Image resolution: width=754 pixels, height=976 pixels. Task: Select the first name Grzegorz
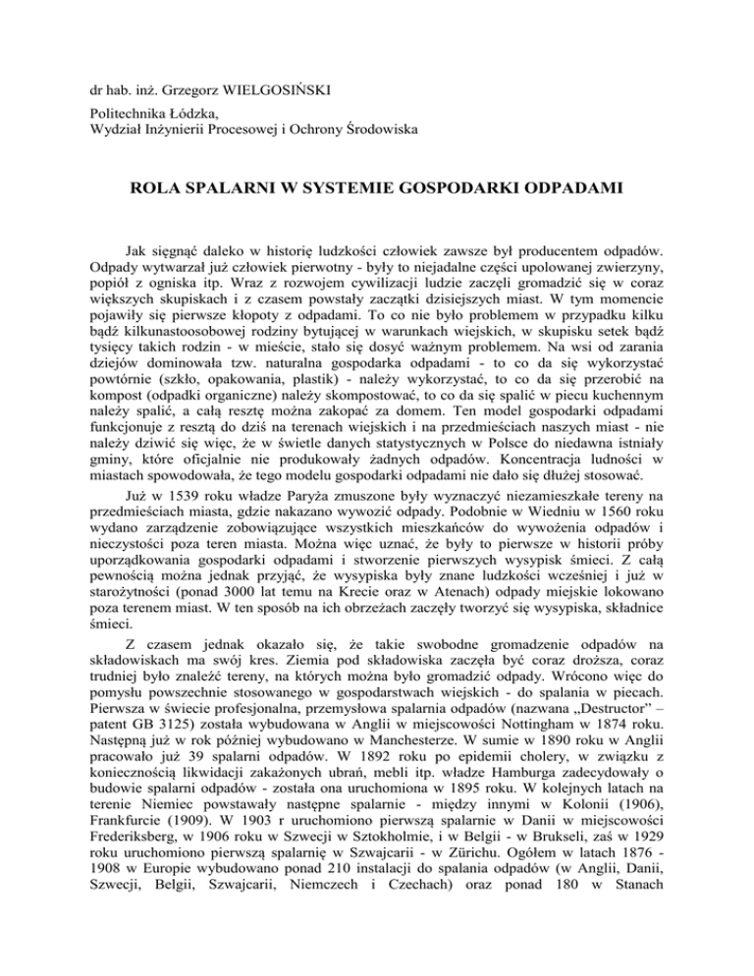183,72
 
